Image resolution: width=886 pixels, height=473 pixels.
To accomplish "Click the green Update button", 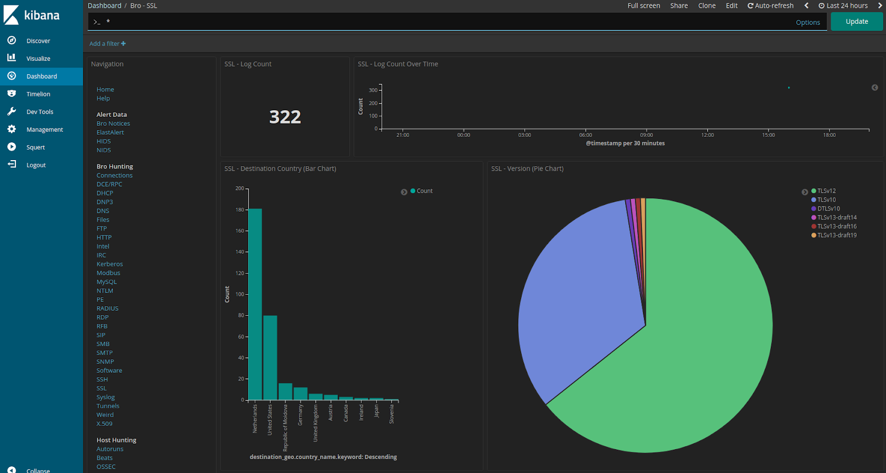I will pos(856,22).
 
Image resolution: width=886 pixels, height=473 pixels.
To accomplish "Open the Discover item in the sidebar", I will pos(38,41).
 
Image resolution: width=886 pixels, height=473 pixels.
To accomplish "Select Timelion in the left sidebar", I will pos(38,94).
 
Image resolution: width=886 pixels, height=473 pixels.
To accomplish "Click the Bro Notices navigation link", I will pos(113,124).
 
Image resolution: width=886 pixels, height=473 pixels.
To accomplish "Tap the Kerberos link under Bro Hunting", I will pos(110,264).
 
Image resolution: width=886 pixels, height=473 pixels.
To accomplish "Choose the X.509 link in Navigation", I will pos(104,424).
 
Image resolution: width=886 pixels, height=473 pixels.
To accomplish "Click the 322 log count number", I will pos(285,117).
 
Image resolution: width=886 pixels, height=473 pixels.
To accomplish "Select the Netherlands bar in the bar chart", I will pos(255,304).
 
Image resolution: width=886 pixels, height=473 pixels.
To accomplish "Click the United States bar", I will pos(270,357).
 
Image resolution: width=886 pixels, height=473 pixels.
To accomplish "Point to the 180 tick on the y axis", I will pos(240,210).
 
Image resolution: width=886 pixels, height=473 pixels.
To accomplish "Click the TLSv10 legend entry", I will pos(826,200).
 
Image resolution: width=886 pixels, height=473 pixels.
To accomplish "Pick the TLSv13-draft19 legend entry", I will pos(836,235).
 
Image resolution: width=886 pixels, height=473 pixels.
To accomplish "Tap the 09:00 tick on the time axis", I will pos(646,135).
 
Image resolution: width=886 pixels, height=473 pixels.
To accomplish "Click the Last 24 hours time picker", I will pos(843,6).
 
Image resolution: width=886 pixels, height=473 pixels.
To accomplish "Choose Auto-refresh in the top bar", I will pos(771,6).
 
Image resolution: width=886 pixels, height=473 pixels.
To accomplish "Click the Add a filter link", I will pos(107,44).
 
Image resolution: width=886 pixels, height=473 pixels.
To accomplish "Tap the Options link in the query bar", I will pos(807,23).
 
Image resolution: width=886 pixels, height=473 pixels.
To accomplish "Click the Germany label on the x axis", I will pos(300,414).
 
